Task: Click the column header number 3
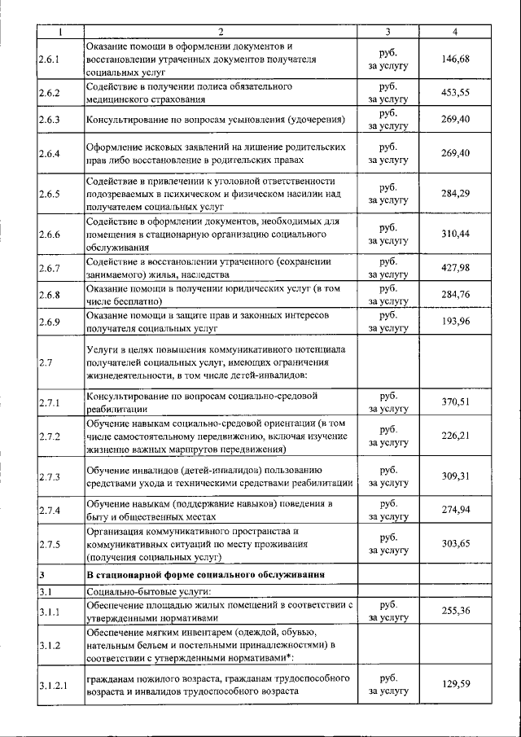point(387,32)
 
